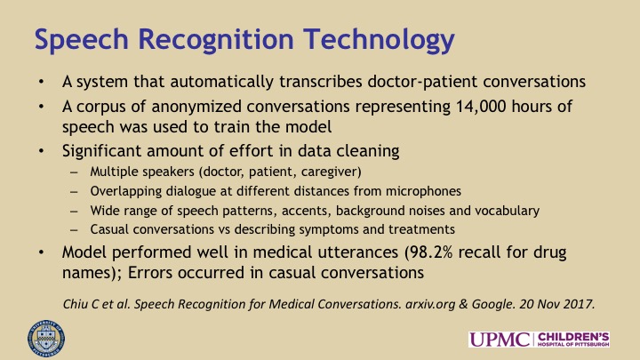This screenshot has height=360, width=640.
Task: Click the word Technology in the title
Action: (x=379, y=40)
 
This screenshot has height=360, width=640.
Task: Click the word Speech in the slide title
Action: (x=82, y=40)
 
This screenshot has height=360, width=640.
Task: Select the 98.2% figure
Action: (x=431, y=252)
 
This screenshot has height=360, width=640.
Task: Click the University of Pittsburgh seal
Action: (x=46, y=339)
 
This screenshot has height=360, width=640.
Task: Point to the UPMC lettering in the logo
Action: (x=499, y=340)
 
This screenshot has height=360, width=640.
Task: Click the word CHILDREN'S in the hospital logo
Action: (x=573, y=337)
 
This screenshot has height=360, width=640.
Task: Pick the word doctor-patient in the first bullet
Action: (x=422, y=82)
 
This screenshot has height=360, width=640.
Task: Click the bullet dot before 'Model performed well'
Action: (x=41, y=252)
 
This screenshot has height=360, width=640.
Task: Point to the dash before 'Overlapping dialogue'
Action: (x=74, y=191)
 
